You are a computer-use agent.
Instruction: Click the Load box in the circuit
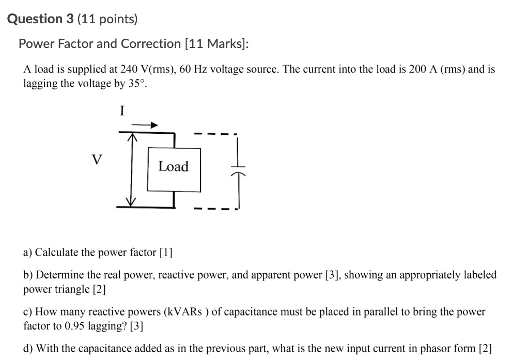174,167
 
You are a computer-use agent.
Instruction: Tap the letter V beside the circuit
95,160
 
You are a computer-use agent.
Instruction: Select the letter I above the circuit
122,111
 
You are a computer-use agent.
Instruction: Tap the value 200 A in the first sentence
423,69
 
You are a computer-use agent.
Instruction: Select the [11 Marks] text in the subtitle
216,44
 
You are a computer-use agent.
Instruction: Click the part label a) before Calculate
28,253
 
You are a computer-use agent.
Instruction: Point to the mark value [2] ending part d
486,349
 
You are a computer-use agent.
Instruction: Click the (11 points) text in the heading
107,19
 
